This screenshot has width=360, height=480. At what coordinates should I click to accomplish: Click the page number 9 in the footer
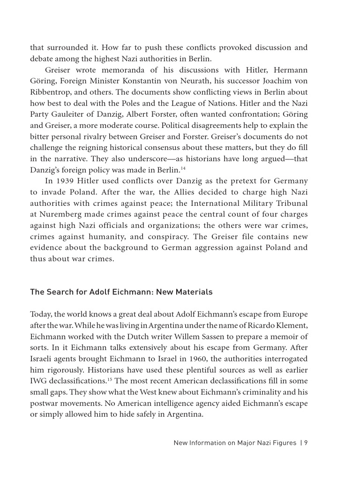click(305, 442)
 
